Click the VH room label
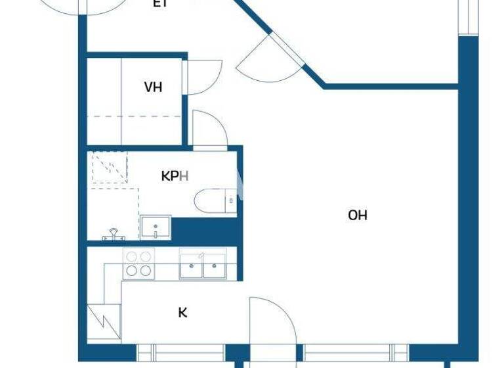point(153,87)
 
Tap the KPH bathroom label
point(175,176)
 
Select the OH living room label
point(358,215)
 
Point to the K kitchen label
point(182,311)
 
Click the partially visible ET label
point(160,4)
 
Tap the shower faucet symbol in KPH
point(113,233)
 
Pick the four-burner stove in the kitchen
point(138,264)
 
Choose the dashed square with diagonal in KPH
point(108,167)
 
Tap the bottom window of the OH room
point(355,352)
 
